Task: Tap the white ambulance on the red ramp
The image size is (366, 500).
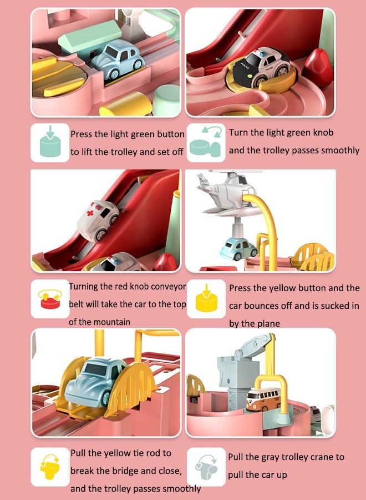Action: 98,219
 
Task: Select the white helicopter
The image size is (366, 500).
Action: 227,192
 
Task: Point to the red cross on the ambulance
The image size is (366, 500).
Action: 91,212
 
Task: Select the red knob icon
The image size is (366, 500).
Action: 50,299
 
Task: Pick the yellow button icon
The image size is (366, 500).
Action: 206,298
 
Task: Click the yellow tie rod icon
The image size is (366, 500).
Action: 50,467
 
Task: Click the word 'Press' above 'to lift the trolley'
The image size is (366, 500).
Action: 80,134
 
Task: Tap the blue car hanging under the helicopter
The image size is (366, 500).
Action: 238,250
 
